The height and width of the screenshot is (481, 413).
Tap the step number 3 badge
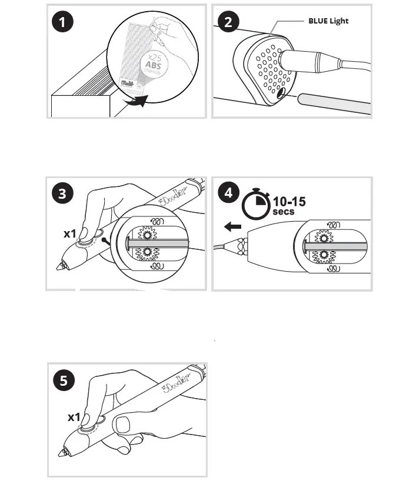coord(62,194)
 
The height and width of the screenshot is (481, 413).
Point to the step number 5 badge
coord(63,380)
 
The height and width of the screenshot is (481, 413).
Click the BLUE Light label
coord(328,21)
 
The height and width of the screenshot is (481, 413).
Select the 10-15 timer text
coord(289,202)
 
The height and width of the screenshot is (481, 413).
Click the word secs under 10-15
coord(283,212)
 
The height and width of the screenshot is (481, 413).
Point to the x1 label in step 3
coord(70,233)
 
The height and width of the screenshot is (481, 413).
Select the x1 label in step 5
coord(74,417)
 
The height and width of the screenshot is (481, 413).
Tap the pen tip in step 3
coord(60,267)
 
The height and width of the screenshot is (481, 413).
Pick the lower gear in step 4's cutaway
coord(323,256)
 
